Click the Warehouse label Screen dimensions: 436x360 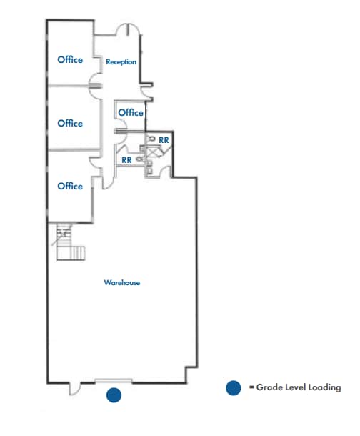point(121,283)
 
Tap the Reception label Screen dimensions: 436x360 point(121,62)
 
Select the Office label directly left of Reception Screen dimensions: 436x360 point(70,59)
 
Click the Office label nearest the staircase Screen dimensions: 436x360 point(70,186)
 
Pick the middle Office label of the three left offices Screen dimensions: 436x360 point(70,123)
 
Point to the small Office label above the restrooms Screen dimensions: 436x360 point(131,112)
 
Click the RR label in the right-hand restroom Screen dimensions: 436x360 point(164,140)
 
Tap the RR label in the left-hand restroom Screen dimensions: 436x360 point(126,160)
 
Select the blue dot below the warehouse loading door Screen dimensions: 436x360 point(114,395)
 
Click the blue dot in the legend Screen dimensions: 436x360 point(232,388)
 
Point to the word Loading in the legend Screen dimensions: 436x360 point(325,388)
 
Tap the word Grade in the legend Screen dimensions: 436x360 point(269,388)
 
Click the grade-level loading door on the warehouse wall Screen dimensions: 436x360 point(114,380)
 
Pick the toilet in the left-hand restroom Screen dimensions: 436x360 point(139,159)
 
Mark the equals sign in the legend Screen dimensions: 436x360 point(251,388)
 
